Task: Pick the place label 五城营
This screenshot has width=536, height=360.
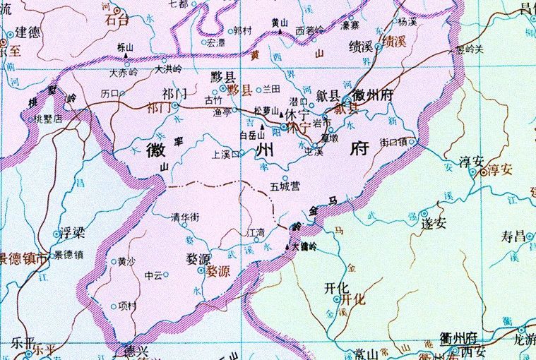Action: click(x=285, y=186)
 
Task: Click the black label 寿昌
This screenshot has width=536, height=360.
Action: click(x=514, y=236)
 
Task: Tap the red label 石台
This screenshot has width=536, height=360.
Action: click(x=117, y=20)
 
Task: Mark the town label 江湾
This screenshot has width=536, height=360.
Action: click(x=251, y=232)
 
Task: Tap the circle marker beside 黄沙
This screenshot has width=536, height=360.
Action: click(x=113, y=262)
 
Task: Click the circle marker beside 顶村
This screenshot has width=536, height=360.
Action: click(x=114, y=306)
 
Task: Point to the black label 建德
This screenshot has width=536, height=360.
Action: click(x=29, y=32)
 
